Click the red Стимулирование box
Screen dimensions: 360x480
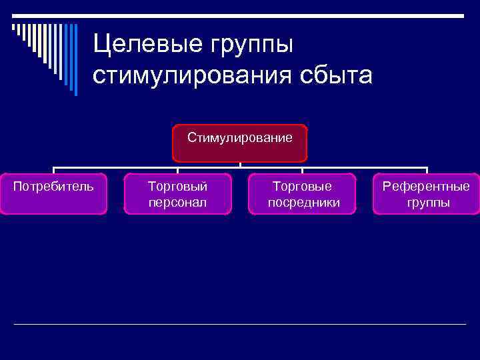pyautogui.click(x=239, y=143)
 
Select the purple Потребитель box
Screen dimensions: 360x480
pyautogui.click(x=53, y=193)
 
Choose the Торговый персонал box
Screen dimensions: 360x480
pyautogui.click(x=177, y=193)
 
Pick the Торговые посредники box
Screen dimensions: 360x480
pyautogui.click(x=302, y=193)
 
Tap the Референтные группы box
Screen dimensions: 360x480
pyautogui.click(x=426, y=193)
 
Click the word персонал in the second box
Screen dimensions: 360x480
pyautogui.click(x=177, y=202)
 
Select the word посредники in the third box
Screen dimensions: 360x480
pyautogui.click(x=303, y=202)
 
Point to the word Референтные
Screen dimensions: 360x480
pyautogui.click(x=426, y=186)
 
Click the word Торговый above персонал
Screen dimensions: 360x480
pyautogui.click(x=177, y=186)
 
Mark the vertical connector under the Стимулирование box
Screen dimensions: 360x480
pyautogui.click(x=240, y=165)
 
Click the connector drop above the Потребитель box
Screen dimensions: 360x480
pyautogui.click(x=54, y=170)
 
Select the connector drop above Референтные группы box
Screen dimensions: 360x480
pyautogui.click(x=427, y=170)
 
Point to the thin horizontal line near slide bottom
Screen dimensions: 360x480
pyautogui.click(x=240, y=324)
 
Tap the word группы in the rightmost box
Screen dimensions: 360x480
pyautogui.click(x=428, y=202)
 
